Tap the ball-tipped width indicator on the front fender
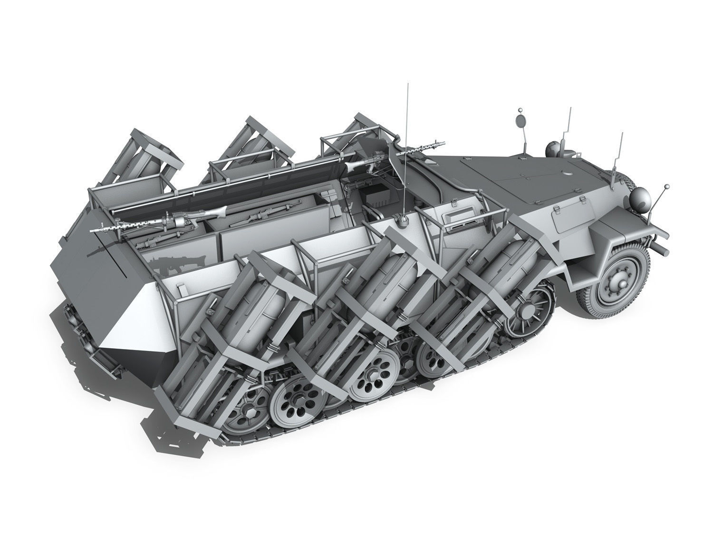coord(667,186)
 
